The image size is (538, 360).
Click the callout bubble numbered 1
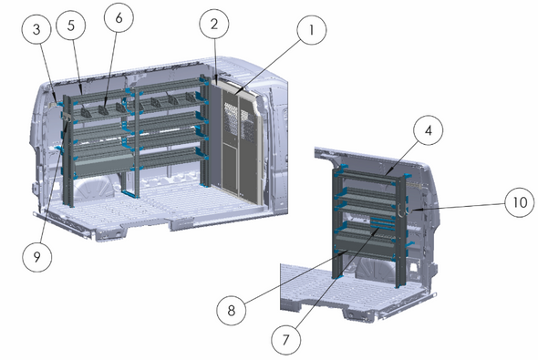click(x=312, y=30)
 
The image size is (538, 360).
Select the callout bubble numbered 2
click(x=214, y=24)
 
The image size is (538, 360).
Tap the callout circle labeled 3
click(x=36, y=29)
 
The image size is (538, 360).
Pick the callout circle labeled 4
click(x=429, y=130)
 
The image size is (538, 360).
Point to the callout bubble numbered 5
click(x=71, y=25)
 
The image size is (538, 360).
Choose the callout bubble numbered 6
click(x=119, y=17)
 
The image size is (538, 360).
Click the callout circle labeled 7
click(x=285, y=340)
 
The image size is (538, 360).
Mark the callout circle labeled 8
click(x=232, y=310)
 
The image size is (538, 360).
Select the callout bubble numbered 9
click(x=37, y=257)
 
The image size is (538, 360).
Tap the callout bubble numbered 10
click(x=520, y=202)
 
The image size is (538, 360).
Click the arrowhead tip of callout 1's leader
click(x=236, y=93)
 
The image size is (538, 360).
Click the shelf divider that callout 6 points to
click(x=103, y=109)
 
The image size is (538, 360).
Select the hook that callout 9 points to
click(x=67, y=119)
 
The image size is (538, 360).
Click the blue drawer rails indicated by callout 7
click(x=381, y=222)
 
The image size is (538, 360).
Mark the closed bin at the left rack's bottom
click(x=103, y=165)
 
